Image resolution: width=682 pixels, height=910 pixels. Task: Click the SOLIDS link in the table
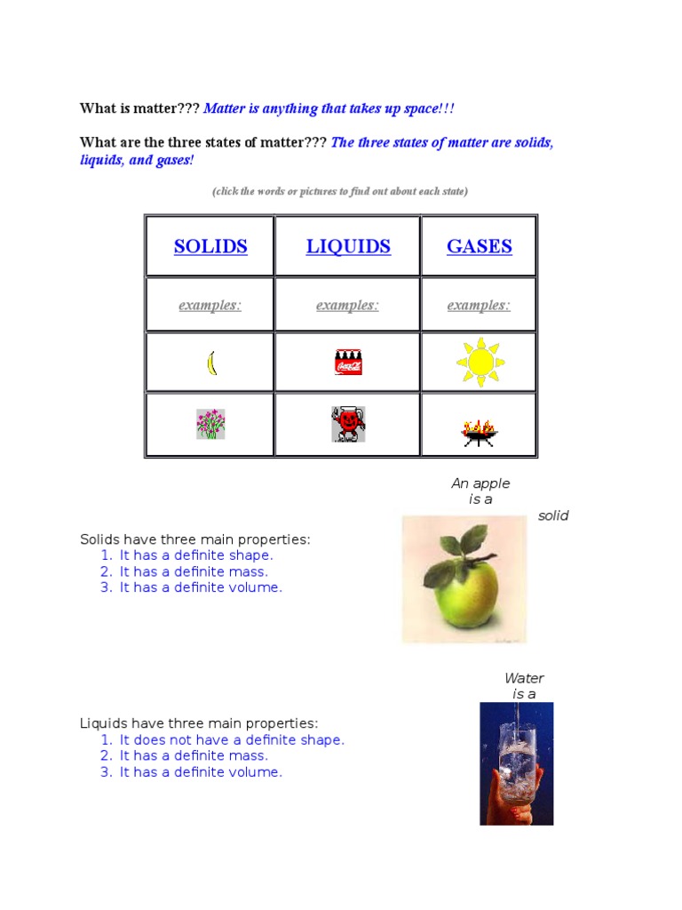[x=210, y=246]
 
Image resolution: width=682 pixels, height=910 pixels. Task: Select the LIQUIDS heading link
[x=348, y=246]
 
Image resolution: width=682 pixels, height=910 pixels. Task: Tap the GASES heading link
[x=479, y=246]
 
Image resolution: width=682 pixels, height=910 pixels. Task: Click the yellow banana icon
[x=211, y=363]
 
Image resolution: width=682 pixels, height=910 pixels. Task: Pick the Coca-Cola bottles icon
[x=348, y=363]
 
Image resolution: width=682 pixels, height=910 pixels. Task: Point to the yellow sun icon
[x=480, y=362]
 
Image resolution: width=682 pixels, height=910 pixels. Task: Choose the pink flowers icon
[x=210, y=424]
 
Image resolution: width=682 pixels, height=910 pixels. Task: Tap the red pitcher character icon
[x=348, y=424]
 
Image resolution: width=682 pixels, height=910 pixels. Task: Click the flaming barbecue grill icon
[x=480, y=432]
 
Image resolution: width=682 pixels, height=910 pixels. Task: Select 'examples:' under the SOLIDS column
[x=210, y=306]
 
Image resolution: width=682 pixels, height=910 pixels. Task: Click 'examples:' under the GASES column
[x=479, y=306]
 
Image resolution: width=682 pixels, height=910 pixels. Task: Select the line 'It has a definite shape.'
[x=196, y=555]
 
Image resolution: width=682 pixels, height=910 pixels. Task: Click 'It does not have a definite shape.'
[x=232, y=739]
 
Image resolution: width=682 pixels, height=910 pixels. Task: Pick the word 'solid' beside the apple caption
[x=553, y=515]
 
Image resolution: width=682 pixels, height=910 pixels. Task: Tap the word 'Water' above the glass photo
[x=524, y=678]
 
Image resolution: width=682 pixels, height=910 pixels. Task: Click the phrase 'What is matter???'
[x=139, y=108]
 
